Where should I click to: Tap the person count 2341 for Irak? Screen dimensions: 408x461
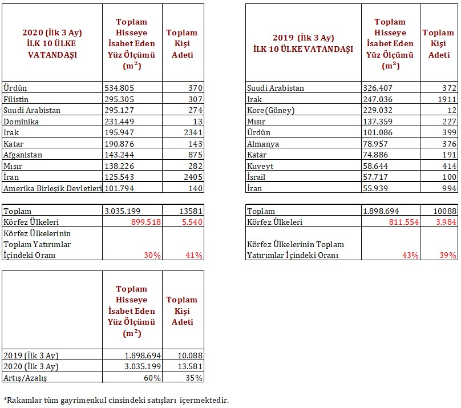click(191, 132)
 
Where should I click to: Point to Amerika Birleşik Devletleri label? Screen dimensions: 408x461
click(52, 188)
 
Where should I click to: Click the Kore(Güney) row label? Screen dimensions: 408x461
click(270, 110)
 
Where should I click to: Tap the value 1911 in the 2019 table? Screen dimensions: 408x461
click(447, 99)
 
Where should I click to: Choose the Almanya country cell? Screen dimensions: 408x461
click(262, 144)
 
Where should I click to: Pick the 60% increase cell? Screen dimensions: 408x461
click(152, 377)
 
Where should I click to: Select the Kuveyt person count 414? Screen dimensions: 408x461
click(449, 166)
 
